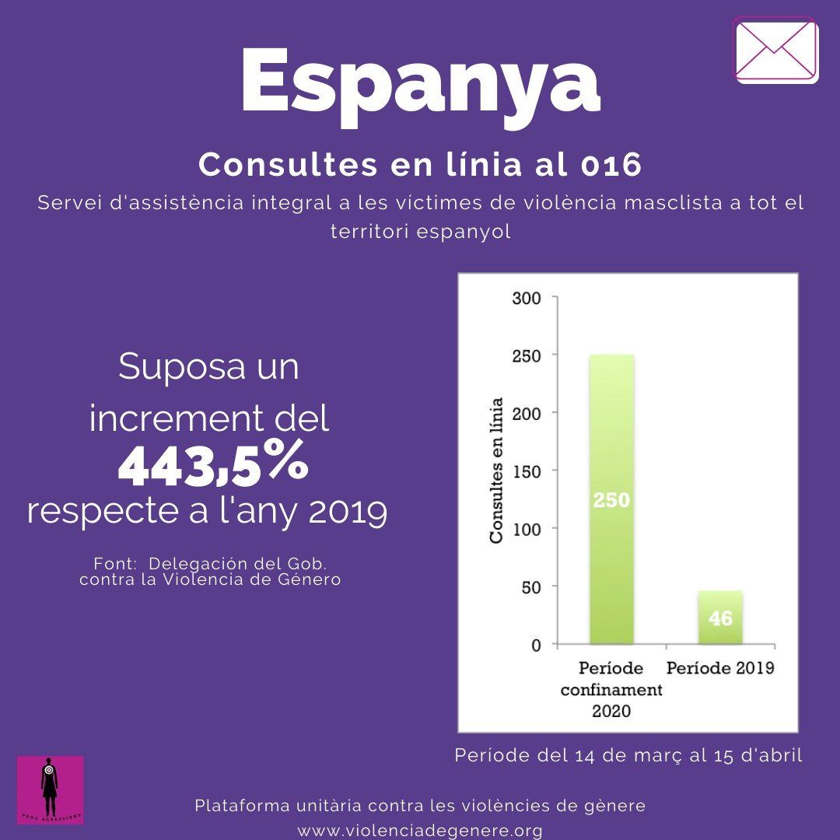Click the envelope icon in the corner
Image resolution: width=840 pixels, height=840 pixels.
775,50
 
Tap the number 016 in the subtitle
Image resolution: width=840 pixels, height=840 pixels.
611,165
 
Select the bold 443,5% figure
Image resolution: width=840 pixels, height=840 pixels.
212,464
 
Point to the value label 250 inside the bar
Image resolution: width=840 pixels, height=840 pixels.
611,501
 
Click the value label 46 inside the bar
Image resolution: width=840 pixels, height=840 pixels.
720,619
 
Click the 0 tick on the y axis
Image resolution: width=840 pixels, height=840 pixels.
535,644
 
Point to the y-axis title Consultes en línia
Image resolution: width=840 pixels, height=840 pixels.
496,471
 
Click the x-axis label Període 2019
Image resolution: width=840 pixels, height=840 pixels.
720,668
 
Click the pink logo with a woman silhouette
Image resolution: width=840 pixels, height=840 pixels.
50,789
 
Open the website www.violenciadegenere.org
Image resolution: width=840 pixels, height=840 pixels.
420,830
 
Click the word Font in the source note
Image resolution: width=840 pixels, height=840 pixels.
110,563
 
